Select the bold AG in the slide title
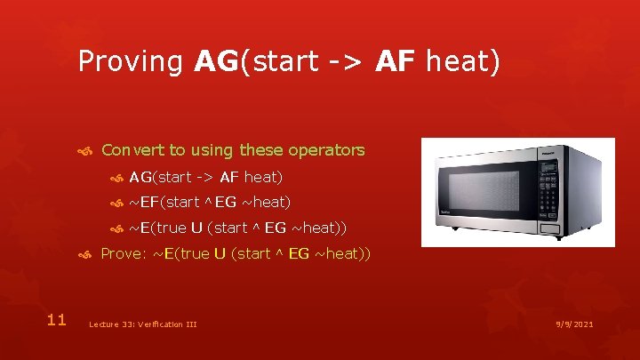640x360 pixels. click(x=214, y=61)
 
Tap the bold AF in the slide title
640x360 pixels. click(x=397, y=61)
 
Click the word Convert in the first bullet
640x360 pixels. click(x=130, y=150)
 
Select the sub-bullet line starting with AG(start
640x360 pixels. click(x=205, y=177)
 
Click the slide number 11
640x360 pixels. click(x=57, y=319)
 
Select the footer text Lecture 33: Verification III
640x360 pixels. click(x=142, y=324)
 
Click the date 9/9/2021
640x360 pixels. click(x=572, y=324)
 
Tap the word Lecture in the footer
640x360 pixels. click(x=103, y=324)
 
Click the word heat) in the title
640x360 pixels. click(x=463, y=61)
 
